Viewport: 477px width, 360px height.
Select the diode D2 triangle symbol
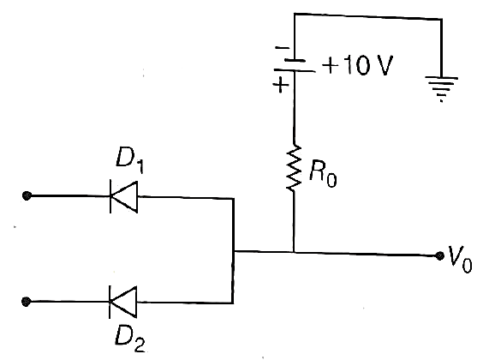(123, 302)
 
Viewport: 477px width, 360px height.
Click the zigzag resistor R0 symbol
(294, 167)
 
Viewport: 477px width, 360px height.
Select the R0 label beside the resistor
(323, 174)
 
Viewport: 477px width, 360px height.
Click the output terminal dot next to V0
(439, 255)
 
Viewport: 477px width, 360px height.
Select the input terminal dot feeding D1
(27, 195)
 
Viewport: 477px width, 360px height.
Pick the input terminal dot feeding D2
(27, 302)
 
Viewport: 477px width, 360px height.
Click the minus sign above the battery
(282, 48)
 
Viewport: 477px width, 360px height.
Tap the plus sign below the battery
(281, 84)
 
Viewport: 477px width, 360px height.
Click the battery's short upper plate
(295, 61)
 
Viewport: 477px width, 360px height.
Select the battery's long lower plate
(295, 70)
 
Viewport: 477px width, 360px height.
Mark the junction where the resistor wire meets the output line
(294, 252)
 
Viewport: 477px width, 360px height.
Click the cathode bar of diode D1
(110, 196)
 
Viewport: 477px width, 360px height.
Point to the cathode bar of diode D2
(110, 302)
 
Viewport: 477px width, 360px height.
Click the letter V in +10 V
(383, 65)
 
